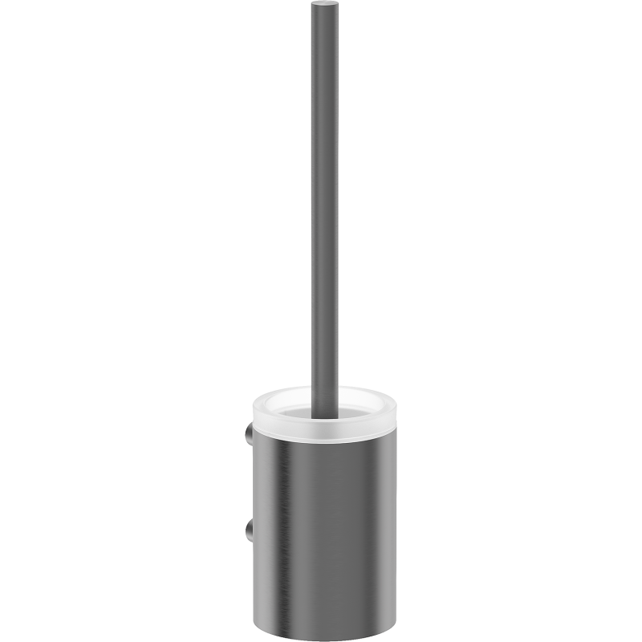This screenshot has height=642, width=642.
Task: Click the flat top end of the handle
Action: click(x=321, y=6)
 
